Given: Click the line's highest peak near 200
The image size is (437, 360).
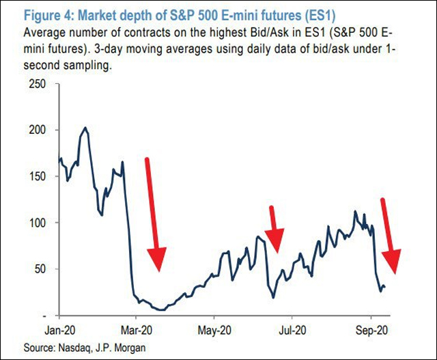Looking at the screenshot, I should (x=85, y=127).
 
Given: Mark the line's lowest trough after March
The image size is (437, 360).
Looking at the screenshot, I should (x=161, y=309).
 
